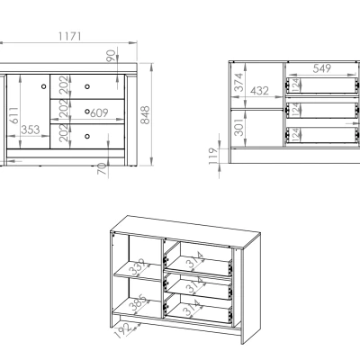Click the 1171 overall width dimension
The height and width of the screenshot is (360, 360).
69,37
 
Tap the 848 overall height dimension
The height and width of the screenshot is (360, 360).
145,115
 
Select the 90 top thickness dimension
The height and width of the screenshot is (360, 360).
111,56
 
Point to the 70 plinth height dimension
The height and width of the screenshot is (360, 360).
103,169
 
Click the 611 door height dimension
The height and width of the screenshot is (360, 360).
13,115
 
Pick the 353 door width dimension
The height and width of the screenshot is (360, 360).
31,130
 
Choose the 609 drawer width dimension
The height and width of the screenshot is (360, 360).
99,112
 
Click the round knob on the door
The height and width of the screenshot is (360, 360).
44,86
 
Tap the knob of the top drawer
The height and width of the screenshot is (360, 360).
87,86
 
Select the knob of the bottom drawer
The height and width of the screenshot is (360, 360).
87,136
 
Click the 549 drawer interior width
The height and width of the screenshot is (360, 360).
322,68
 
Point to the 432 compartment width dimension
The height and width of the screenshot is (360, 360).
259,91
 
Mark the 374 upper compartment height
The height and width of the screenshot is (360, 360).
238,82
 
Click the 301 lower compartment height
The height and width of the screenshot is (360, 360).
238,127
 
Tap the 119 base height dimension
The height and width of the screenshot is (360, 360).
212,156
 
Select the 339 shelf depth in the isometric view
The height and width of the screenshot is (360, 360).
138,267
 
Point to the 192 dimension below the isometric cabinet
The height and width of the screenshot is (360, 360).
122,330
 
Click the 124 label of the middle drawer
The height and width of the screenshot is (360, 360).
295,110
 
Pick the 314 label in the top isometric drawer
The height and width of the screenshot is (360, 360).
193,260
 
